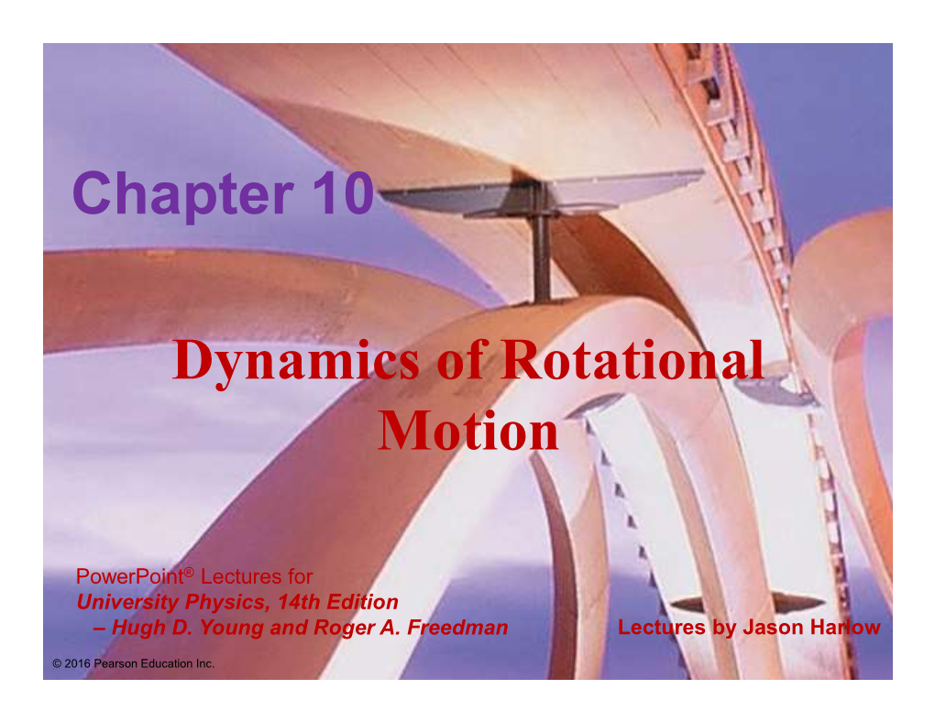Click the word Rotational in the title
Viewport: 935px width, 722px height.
632,359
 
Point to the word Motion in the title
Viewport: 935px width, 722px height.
468,431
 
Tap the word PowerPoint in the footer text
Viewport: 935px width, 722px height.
129,576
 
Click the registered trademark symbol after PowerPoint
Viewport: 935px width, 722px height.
189,572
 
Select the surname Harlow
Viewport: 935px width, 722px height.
841,628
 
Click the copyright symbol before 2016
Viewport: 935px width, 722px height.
57,663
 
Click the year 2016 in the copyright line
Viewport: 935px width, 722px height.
78,663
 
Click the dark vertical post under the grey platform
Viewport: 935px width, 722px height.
542,257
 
